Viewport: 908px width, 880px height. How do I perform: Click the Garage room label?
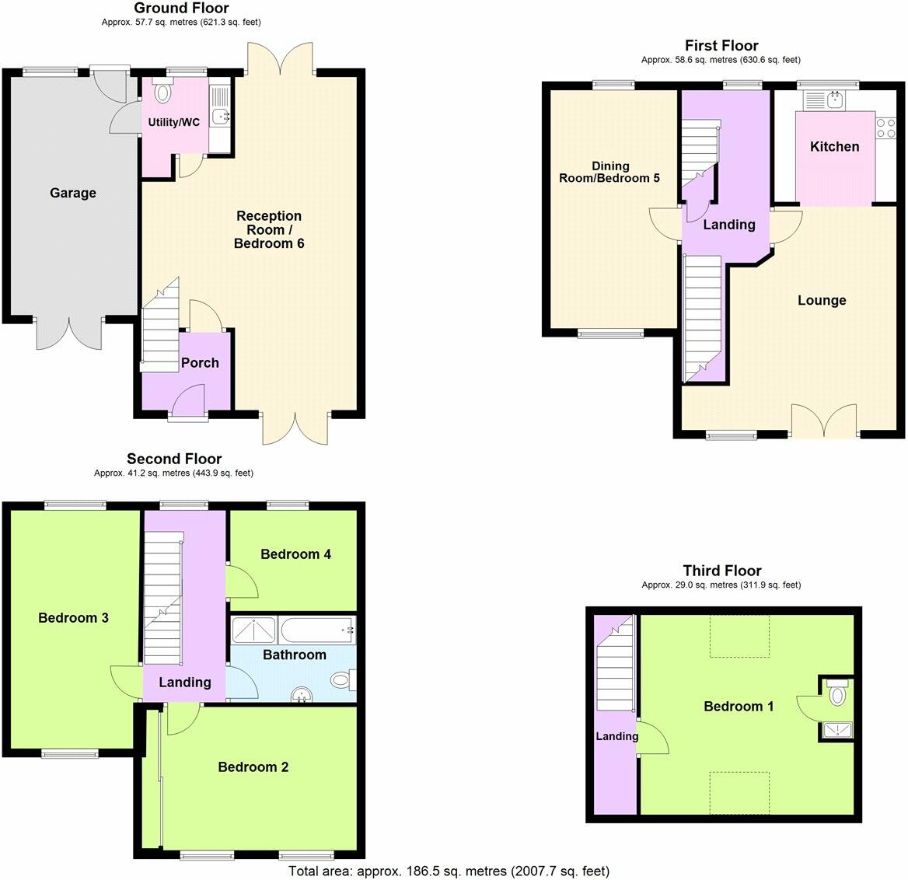point(73,193)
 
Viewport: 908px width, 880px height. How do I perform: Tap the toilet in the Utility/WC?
point(162,93)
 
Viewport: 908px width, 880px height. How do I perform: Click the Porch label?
point(200,363)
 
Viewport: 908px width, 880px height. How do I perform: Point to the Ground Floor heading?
point(181,9)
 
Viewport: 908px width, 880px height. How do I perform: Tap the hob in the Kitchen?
point(885,127)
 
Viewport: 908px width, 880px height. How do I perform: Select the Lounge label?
point(822,301)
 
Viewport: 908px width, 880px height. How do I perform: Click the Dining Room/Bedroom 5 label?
point(610,172)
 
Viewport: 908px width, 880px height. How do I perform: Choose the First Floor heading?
point(721,46)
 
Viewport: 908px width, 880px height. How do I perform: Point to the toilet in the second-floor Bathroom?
point(341,680)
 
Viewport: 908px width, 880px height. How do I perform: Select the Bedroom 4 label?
point(295,554)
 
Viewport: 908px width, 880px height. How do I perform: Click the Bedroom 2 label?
point(253,767)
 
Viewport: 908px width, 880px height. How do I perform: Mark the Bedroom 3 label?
point(73,618)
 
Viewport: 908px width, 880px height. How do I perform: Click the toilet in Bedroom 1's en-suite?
point(837,693)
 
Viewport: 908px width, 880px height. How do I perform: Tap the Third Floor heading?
point(721,571)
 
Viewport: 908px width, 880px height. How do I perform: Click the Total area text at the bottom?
point(449,871)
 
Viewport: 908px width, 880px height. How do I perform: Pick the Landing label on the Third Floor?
point(616,736)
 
